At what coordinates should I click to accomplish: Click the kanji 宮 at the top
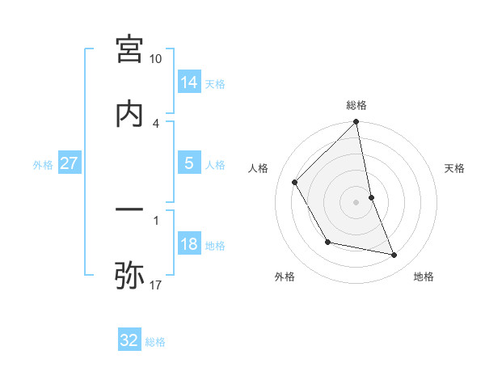click(129, 49)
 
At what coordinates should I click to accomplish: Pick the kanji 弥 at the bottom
click(129, 276)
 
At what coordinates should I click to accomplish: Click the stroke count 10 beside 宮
click(156, 59)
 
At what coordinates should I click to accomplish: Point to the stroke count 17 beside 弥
click(156, 285)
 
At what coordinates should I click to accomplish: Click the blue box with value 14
click(189, 82)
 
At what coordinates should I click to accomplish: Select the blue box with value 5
click(189, 163)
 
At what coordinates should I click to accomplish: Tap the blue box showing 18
click(189, 244)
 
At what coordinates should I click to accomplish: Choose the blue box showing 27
click(70, 163)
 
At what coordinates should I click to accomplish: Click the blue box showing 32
click(129, 340)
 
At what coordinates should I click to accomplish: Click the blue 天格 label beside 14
click(215, 84)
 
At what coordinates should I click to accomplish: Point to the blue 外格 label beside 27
click(43, 165)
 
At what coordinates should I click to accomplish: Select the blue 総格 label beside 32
click(155, 342)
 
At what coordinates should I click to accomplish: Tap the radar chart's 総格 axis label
click(356, 105)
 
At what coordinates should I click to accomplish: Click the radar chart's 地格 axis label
click(424, 277)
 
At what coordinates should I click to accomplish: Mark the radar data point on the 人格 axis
click(295, 182)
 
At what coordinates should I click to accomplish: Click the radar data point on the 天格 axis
click(371, 197)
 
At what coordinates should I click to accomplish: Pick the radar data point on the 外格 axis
click(327, 242)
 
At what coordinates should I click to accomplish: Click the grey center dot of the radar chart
click(356, 202)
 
